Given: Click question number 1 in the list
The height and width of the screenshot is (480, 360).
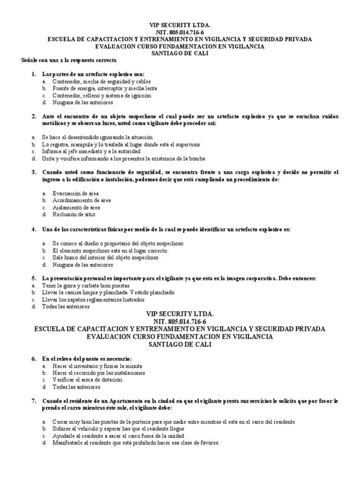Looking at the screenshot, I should tap(33, 75).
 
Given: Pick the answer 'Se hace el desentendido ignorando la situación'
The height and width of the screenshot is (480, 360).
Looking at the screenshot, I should tap(97, 137).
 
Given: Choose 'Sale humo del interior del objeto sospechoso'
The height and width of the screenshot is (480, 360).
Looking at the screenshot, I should tap(105, 257).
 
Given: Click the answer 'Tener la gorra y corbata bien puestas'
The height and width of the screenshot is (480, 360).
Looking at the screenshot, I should tap(85, 285).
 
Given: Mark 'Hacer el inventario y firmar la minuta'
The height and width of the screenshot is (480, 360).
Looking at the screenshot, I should tap(97, 366).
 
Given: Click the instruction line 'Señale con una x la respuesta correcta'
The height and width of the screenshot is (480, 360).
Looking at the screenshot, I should tap(69, 61).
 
